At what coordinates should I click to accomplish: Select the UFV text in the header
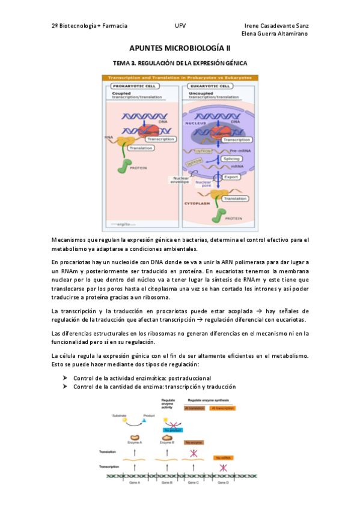pyautogui.click(x=180, y=26)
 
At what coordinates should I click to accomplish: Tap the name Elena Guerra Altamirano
pyautogui.click(x=274, y=34)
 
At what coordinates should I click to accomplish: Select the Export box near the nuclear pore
pyautogui.click(x=231, y=177)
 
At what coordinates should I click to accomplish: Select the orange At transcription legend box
pyautogui.click(x=223, y=408)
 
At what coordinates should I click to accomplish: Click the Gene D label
pyautogui.click(x=223, y=482)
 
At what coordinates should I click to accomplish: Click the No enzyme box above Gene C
pyautogui.click(x=193, y=442)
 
